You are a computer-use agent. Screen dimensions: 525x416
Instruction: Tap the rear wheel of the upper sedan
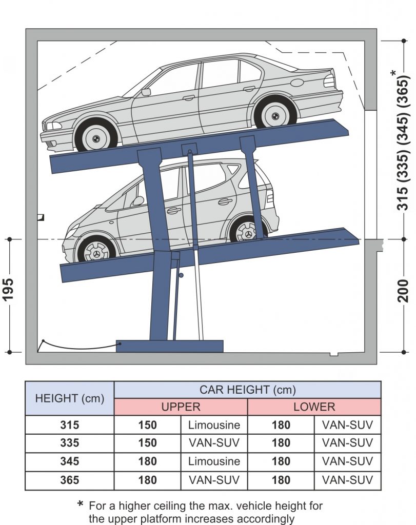click(x=275, y=112)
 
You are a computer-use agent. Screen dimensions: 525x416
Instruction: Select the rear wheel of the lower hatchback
click(x=248, y=232)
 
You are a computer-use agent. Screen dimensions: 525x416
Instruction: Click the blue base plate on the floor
click(x=170, y=346)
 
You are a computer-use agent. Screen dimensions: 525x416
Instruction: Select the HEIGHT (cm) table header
click(x=69, y=398)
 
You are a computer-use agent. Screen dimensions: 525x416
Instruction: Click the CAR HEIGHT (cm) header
click(x=248, y=390)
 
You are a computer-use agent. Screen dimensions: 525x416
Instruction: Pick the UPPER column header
click(x=181, y=407)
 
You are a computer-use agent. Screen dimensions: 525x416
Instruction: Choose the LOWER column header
click(x=314, y=407)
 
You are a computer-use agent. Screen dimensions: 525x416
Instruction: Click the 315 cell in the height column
click(x=69, y=425)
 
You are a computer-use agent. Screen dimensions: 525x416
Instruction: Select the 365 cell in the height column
click(x=69, y=480)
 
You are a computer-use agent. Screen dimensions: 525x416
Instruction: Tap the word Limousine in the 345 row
click(x=214, y=461)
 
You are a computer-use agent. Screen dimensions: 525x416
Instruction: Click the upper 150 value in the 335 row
click(x=148, y=443)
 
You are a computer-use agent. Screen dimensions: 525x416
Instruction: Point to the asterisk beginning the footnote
click(x=80, y=505)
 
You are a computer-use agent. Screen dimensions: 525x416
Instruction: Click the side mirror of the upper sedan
click(x=146, y=92)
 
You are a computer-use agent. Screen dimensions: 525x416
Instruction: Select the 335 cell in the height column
click(x=69, y=443)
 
